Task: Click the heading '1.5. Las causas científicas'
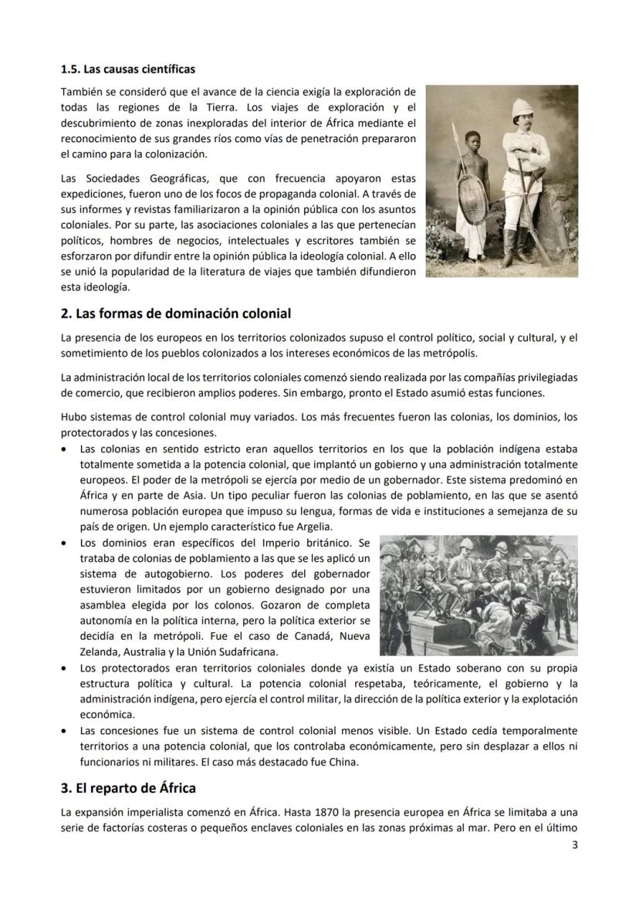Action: tap(127, 70)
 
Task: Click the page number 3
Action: tap(574, 844)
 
